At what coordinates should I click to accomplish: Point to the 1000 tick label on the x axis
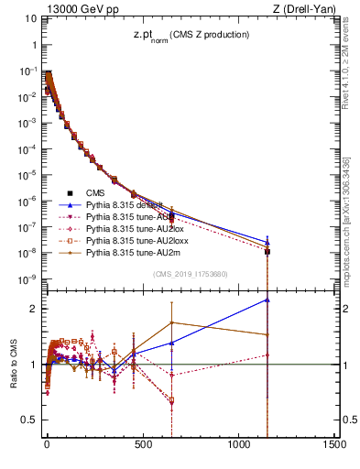(238, 444)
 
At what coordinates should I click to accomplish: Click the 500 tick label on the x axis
(142, 444)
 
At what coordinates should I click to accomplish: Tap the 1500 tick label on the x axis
(333, 444)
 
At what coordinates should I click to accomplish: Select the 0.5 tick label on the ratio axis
(31, 420)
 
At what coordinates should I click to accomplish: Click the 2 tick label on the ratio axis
(35, 309)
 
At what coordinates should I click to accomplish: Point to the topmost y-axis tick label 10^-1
(27, 70)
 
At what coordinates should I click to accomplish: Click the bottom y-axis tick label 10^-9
(27, 278)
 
